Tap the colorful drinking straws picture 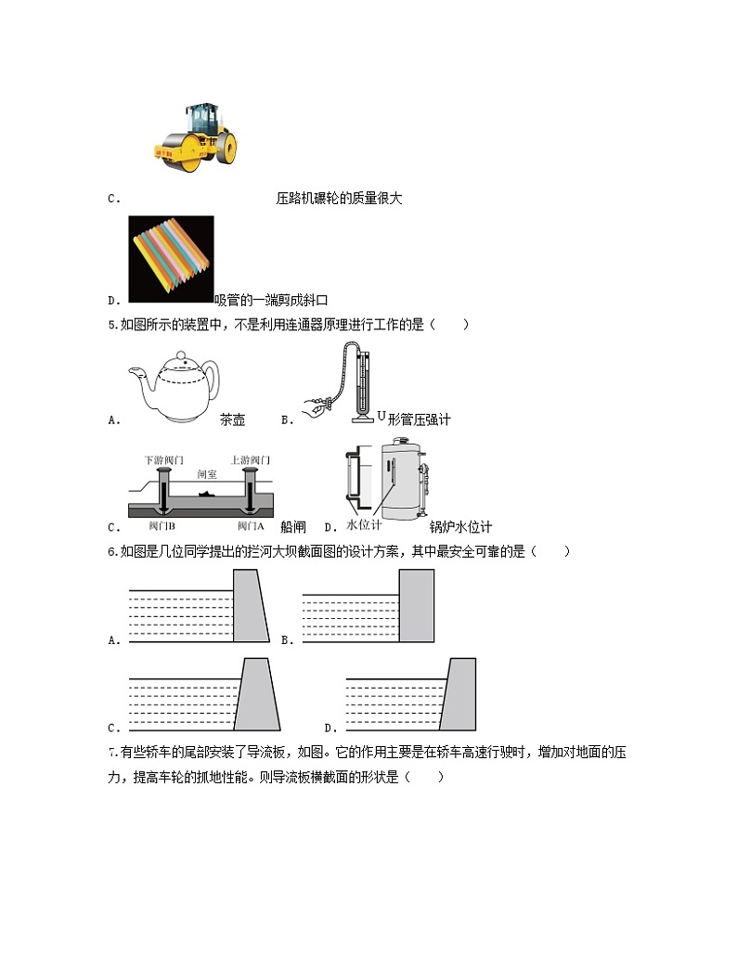click(171, 259)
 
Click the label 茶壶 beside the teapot click(232, 419)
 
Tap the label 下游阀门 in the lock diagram click(163, 460)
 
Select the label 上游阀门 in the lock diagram click(250, 460)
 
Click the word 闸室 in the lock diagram click(207, 473)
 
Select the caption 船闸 click(292, 526)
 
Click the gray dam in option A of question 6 click(249, 605)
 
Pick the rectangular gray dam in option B click(416, 605)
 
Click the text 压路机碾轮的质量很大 click(339, 198)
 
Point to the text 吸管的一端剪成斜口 click(271, 300)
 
